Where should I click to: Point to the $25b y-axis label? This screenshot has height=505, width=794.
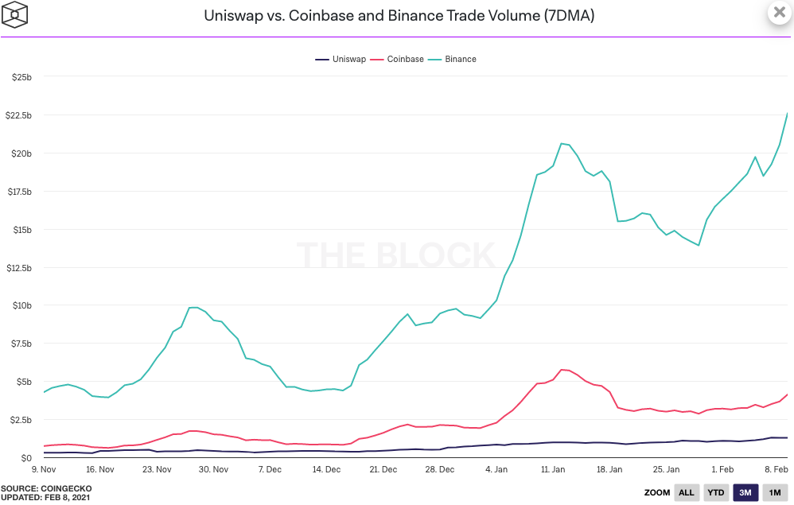[x=21, y=77]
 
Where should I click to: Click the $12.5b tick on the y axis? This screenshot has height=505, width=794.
[x=18, y=267]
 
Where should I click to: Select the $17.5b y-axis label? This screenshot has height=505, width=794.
[x=18, y=192]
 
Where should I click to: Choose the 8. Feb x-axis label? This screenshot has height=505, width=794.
[x=776, y=469]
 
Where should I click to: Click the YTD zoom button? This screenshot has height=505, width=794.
[x=716, y=492]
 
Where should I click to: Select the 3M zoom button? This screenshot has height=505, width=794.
[x=745, y=492]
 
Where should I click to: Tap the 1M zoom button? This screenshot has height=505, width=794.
[x=774, y=492]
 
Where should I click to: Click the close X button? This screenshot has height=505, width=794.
[x=779, y=13]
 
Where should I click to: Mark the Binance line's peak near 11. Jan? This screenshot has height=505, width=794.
[x=562, y=143]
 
